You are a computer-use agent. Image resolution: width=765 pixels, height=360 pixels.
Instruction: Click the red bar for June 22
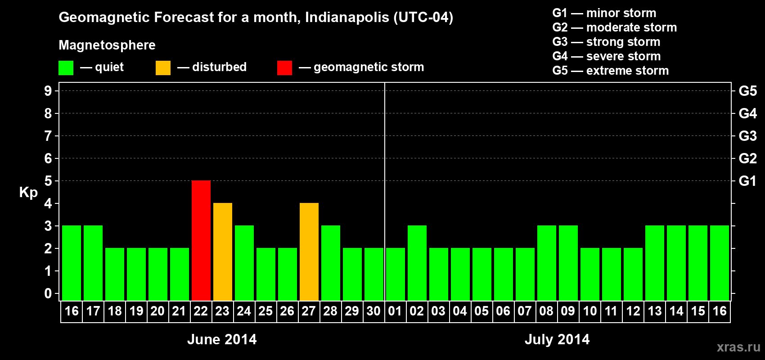[x=201, y=240]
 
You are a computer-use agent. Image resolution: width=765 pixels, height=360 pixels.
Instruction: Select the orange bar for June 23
[x=223, y=252]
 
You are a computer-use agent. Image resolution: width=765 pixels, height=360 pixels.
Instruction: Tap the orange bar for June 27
[x=309, y=252]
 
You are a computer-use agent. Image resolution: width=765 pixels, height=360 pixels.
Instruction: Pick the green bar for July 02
[x=417, y=263]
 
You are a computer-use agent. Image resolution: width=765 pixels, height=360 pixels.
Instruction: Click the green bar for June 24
[x=244, y=263]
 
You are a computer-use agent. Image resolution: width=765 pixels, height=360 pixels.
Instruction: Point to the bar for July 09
[x=568, y=263]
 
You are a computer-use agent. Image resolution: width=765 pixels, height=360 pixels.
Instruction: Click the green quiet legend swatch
[x=66, y=68]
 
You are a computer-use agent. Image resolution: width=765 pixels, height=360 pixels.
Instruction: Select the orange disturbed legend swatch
[x=163, y=68]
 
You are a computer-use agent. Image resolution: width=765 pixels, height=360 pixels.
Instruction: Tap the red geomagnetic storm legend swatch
[x=284, y=68]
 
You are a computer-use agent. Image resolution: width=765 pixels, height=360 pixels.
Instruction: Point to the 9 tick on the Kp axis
[x=48, y=91]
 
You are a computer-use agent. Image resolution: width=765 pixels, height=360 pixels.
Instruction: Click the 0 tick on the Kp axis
[x=48, y=293]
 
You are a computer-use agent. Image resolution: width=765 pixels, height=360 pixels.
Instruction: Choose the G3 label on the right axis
[x=747, y=136]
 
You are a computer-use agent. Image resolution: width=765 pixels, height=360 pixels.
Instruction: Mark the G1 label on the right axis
[x=747, y=181]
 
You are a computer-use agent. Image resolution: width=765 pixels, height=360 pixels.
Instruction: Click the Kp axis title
[x=28, y=192]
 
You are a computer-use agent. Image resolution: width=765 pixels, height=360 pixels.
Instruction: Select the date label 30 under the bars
[x=373, y=311]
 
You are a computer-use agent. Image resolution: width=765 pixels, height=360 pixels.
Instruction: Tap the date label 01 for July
[x=395, y=311]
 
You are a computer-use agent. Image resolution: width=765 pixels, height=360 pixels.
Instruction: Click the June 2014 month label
[x=222, y=339]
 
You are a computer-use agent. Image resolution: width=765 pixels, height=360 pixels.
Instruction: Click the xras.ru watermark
[x=738, y=347]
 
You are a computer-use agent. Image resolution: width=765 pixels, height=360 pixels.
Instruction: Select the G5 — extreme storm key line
[x=610, y=71]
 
